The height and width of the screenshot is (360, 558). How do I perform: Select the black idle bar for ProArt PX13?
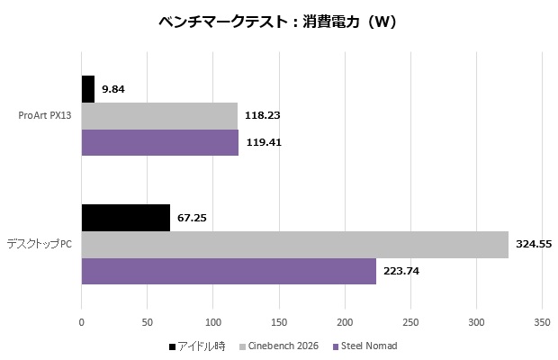[88, 89]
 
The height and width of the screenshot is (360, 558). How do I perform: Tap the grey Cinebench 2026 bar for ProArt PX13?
[159, 115]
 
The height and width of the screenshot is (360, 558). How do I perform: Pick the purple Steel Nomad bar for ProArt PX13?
[160, 142]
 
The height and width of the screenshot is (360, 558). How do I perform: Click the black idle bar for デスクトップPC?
[126, 218]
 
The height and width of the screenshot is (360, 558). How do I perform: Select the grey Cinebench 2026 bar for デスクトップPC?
[295, 244]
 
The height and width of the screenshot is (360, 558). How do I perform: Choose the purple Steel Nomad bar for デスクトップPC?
[229, 271]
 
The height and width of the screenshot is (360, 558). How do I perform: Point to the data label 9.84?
[113, 89]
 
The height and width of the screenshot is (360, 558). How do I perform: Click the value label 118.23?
[263, 115]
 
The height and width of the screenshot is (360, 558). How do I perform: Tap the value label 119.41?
[264, 142]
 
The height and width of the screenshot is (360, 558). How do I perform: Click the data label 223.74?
[401, 271]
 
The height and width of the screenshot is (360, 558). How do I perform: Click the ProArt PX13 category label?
[45, 115]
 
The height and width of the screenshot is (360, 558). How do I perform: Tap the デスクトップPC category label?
[39, 244]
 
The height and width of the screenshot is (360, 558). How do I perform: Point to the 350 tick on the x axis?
[542, 321]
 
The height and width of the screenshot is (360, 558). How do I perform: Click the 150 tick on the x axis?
[279, 321]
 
